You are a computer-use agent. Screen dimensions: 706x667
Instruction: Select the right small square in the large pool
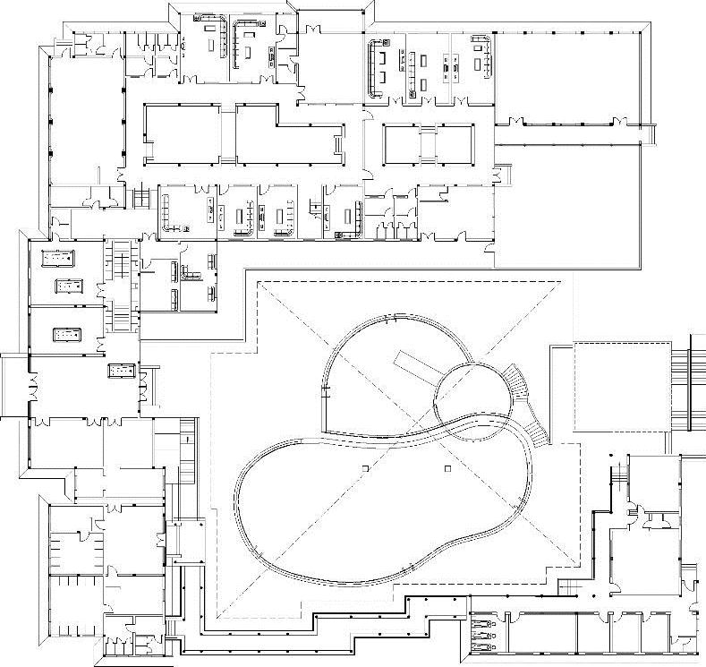[x=447, y=467]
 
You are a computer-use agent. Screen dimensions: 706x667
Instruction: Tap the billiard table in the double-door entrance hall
[x=122, y=369]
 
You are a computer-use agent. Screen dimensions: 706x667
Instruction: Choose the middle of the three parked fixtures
[x=481, y=632]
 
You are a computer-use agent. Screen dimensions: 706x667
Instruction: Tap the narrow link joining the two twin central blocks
[x=429, y=143]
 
